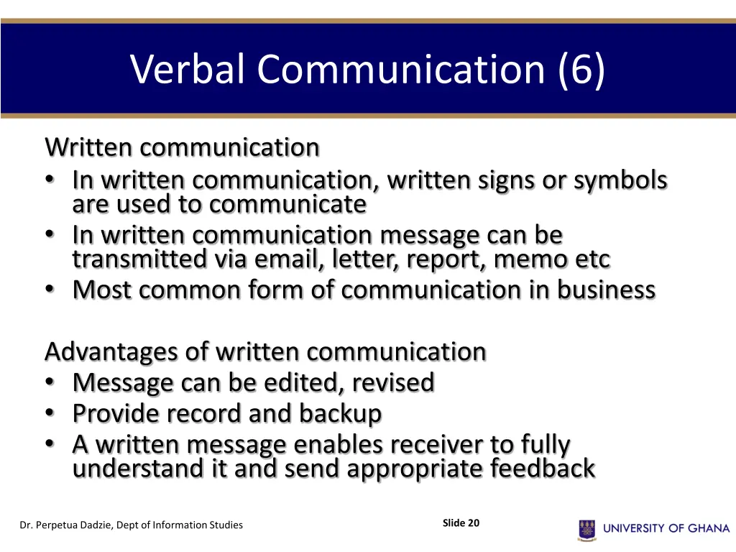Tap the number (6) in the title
(x=581, y=70)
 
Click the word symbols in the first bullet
(x=620, y=180)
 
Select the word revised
(x=393, y=382)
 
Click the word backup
(x=341, y=413)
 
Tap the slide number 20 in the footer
(x=473, y=523)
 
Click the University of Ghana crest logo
(x=587, y=530)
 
